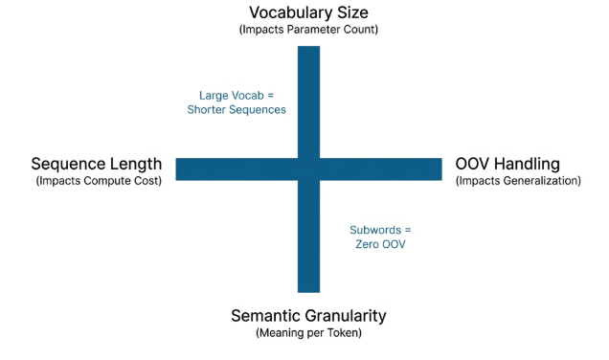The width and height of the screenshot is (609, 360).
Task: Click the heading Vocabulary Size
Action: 308,12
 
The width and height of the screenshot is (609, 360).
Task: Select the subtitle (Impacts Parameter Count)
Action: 308,30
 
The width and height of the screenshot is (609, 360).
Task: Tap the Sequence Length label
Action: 96,164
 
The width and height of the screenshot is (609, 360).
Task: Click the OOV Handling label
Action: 507,164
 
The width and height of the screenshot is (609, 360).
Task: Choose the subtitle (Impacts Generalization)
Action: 518,180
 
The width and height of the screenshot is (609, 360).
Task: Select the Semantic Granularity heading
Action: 308,315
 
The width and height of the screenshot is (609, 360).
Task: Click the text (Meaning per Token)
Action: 308,332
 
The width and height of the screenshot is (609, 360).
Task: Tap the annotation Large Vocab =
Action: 237,95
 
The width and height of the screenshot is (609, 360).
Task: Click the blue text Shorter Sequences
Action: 237,109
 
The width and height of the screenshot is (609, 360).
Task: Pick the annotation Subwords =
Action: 380,231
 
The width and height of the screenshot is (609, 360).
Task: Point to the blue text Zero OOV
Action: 380,245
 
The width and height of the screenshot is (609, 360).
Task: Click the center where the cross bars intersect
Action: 308,169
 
